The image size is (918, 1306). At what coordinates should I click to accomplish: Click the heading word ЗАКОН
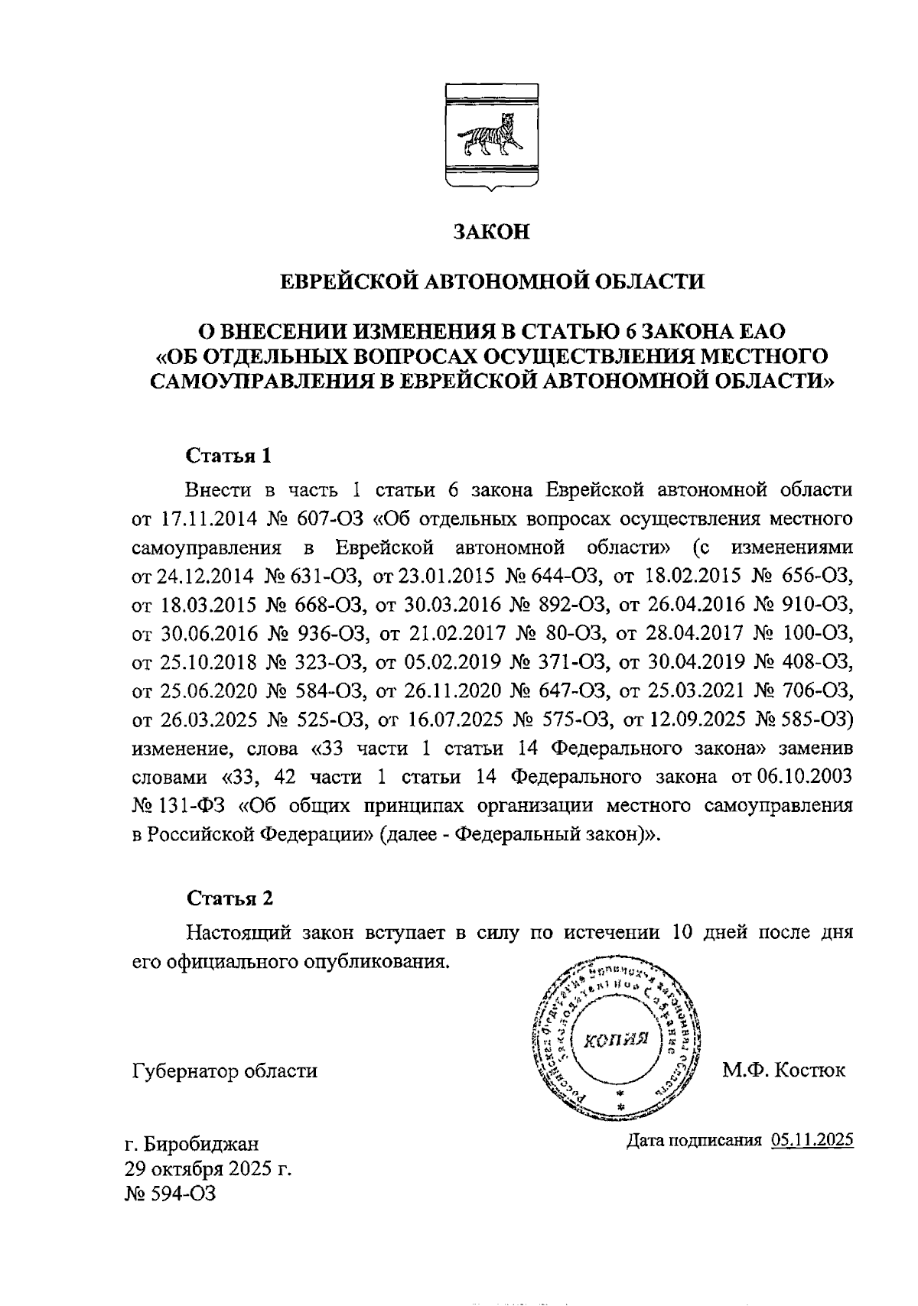[x=491, y=232]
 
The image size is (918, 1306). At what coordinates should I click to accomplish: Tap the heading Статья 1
[x=229, y=456]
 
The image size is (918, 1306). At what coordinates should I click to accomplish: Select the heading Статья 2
[x=229, y=897]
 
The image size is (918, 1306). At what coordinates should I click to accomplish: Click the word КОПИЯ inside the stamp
[x=617, y=1039]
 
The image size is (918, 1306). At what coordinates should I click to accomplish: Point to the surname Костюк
[x=810, y=1070]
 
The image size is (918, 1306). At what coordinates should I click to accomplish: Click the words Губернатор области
[x=224, y=1070]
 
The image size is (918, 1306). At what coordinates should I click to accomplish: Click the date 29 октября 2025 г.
[x=209, y=1169]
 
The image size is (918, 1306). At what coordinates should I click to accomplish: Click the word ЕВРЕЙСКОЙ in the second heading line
[x=348, y=281]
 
